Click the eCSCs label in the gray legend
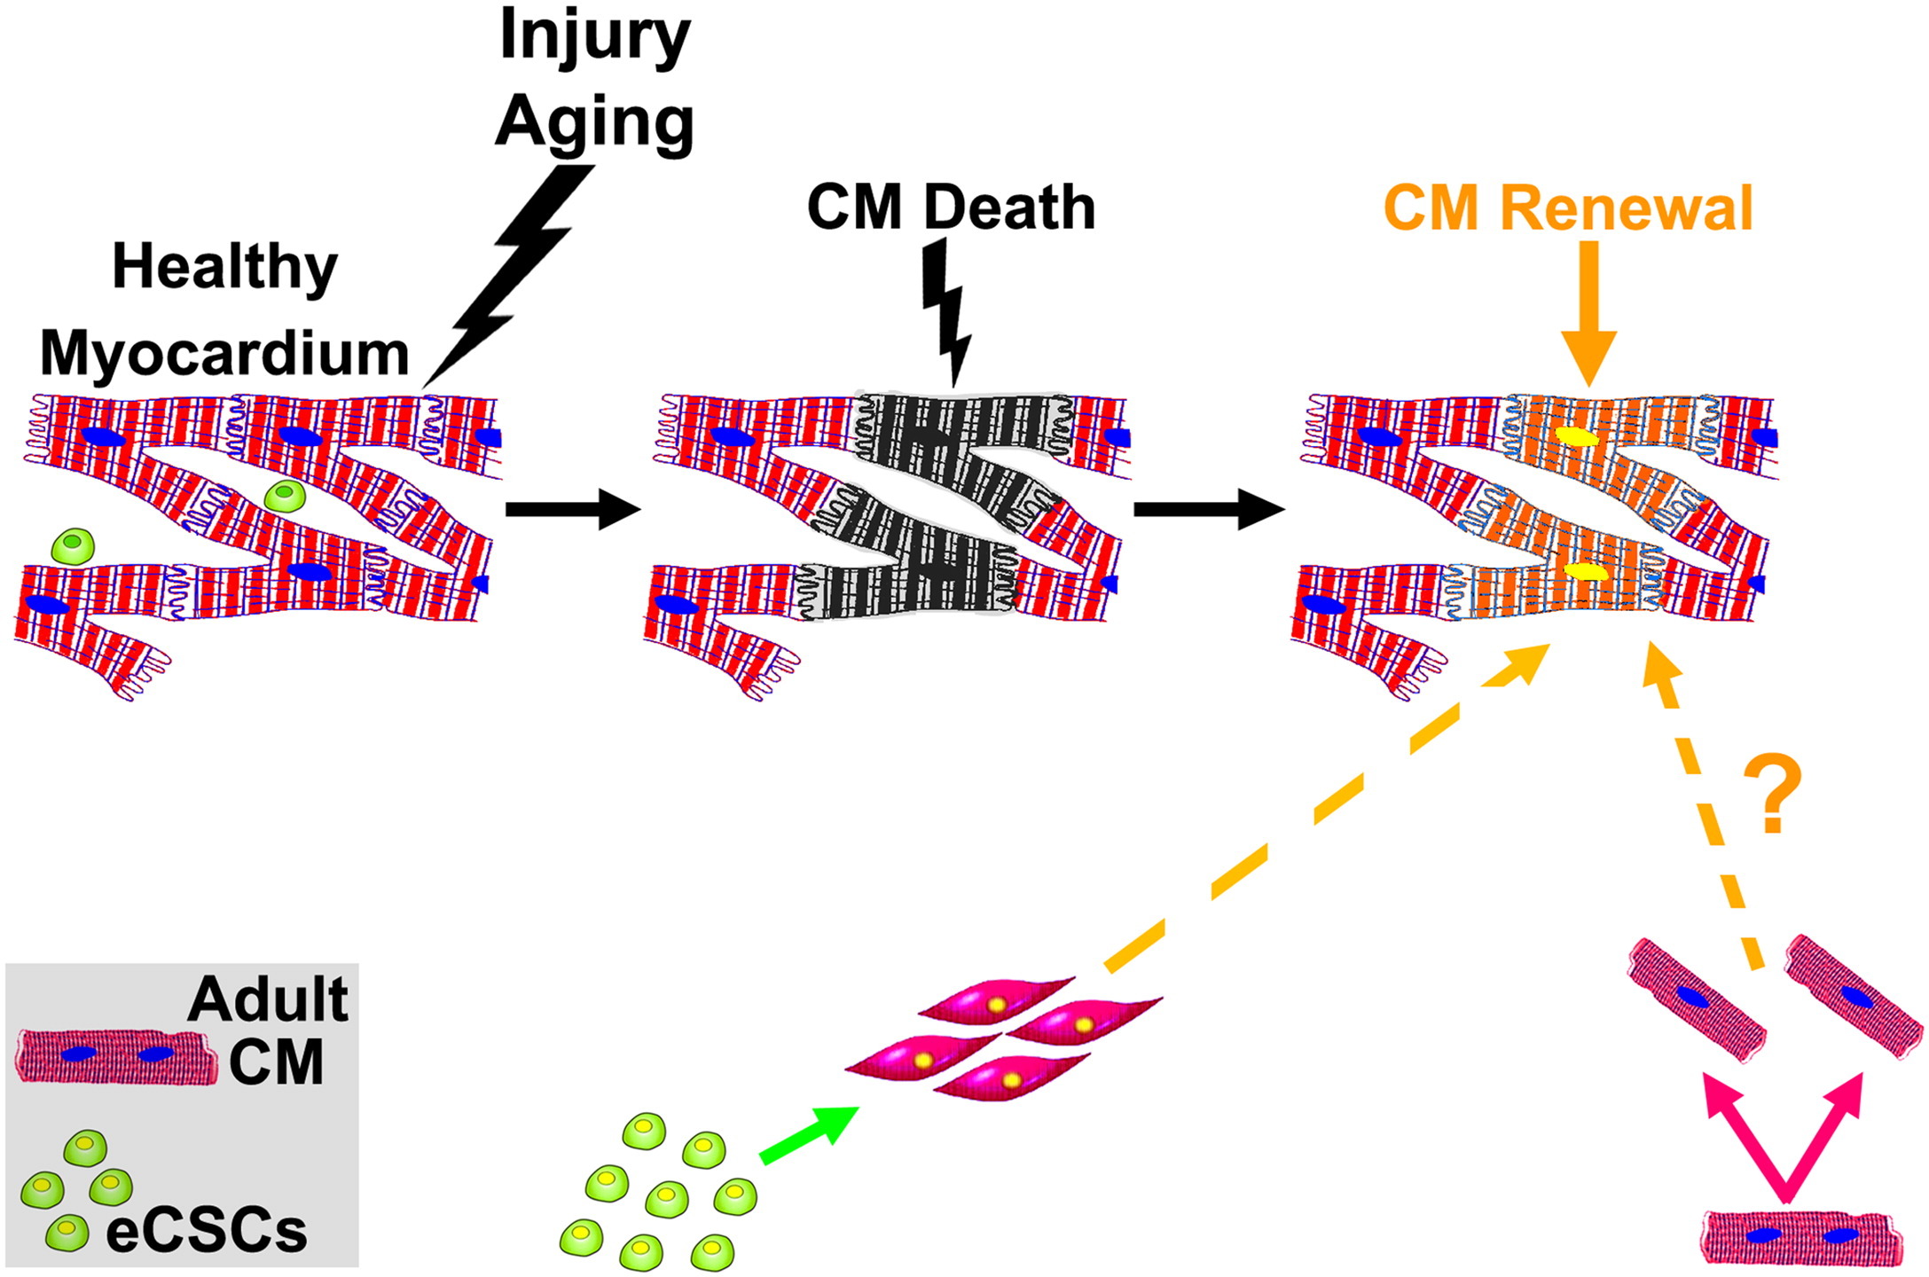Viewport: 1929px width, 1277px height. coord(206,1232)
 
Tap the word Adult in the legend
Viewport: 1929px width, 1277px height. coord(268,999)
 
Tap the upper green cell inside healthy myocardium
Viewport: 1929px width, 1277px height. coord(285,496)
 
